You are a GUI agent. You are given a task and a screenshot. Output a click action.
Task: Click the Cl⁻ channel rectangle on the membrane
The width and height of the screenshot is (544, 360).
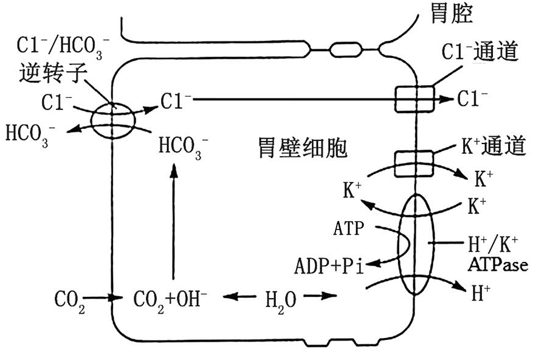(415, 99)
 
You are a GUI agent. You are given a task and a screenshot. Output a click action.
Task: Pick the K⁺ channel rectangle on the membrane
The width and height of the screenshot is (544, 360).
(415, 162)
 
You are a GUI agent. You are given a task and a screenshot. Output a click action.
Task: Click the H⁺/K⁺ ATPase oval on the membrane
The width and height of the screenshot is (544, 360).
(416, 244)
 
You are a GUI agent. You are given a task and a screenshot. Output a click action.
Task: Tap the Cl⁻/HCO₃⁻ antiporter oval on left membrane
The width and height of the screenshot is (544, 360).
(113, 121)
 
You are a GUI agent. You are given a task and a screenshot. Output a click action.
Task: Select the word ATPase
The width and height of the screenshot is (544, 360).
(498, 265)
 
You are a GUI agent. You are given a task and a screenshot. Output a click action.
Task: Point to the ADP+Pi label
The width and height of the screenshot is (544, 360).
(329, 266)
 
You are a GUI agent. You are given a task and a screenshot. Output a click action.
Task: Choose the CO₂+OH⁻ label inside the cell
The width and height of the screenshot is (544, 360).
(170, 299)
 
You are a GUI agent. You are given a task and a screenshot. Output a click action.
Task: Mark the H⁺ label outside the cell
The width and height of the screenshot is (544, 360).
(481, 294)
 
